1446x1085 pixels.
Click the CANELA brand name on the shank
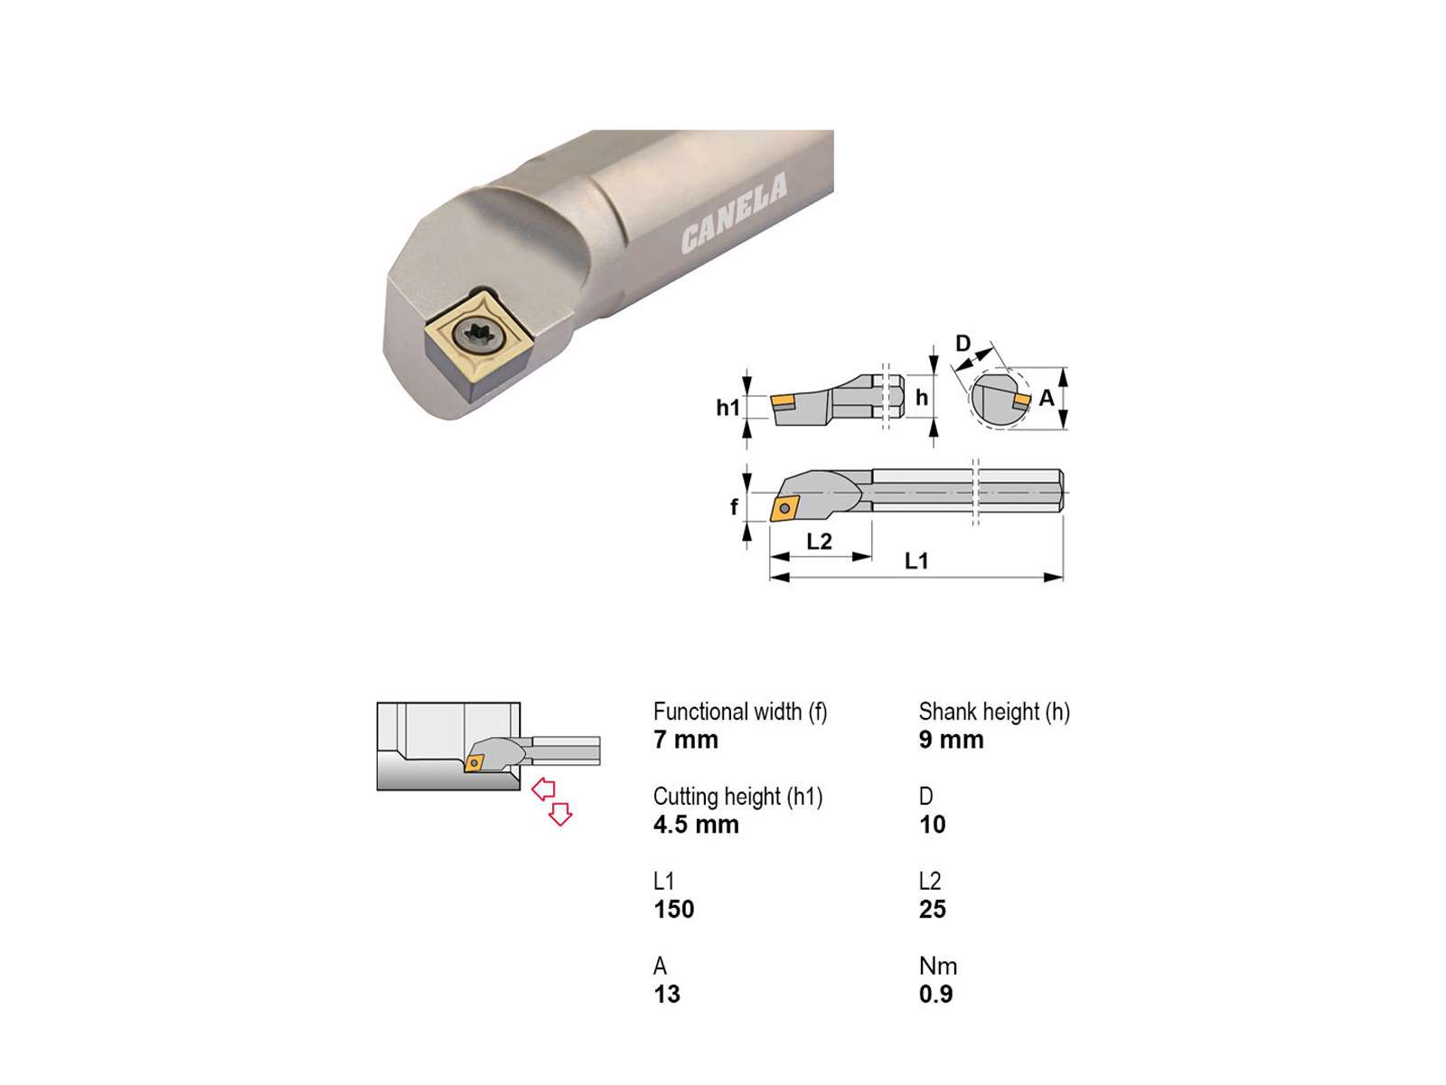click(733, 212)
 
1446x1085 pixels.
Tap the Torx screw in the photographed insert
click(478, 335)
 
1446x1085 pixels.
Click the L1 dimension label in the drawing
click(915, 561)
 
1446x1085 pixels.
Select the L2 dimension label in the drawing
click(819, 542)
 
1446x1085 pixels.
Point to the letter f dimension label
click(734, 506)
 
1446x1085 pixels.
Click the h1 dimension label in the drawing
click(728, 408)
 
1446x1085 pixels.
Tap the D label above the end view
click(962, 344)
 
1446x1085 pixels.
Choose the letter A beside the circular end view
click(1047, 398)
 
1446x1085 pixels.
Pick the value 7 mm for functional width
click(685, 740)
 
